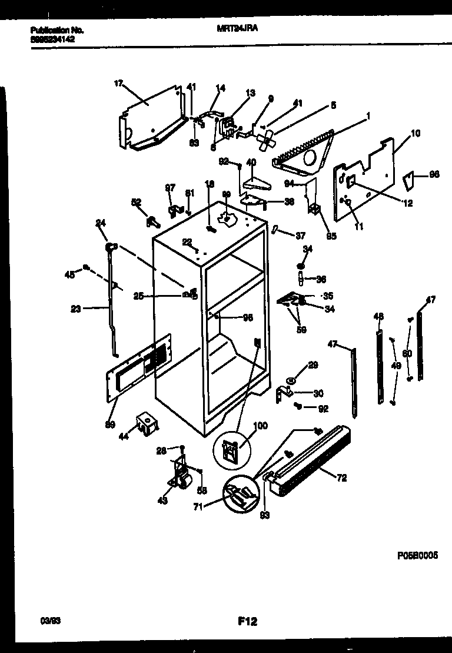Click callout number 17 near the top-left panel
pyautogui.click(x=118, y=84)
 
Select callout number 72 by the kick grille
pyautogui.click(x=341, y=478)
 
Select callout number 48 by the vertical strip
pyautogui.click(x=378, y=317)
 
